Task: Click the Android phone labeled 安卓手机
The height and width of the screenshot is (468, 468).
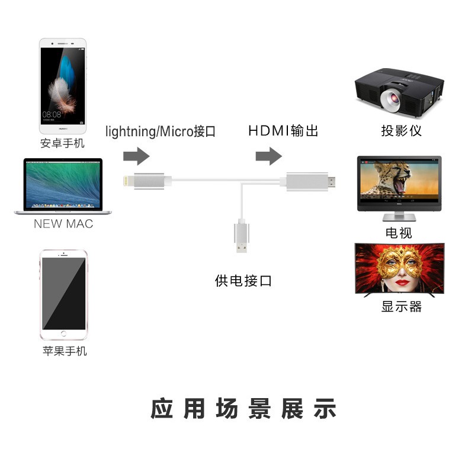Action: click(62, 86)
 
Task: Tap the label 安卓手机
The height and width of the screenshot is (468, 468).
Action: click(62, 143)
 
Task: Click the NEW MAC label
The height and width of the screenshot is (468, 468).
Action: click(63, 224)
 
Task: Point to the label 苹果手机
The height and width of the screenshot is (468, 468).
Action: click(65, 351)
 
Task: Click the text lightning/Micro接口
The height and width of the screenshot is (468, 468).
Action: click(160, 132)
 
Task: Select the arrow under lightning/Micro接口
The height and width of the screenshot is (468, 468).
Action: click(136, 157)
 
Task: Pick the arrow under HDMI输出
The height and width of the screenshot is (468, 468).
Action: click(268, 157)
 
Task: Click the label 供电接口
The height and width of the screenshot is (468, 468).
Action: click(243, 280)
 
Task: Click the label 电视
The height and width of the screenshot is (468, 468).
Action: click(399, 233)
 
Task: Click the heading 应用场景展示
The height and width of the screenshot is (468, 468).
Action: click(243, 409)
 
